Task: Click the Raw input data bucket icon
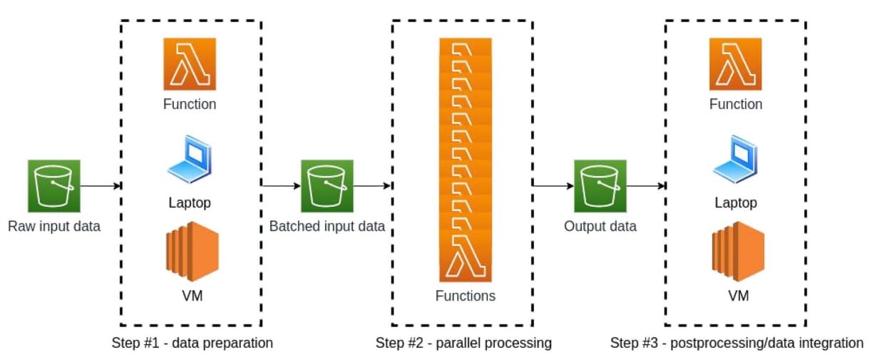[54, 186]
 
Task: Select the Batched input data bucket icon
[327, 186]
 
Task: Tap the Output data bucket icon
[600, 186]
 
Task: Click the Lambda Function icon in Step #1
[190, 64]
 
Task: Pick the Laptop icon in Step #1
[190, 160]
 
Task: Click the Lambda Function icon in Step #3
[735, 64]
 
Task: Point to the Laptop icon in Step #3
[735, 160]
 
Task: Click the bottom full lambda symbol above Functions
[466, 256]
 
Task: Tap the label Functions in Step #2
[466, 295]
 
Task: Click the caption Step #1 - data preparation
[192, 343]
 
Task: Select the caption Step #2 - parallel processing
[463, 343]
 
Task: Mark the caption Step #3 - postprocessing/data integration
[737, 343]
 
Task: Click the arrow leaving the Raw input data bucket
[100, 186]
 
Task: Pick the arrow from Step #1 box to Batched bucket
[281, 186]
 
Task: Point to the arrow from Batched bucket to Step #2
[372, 186]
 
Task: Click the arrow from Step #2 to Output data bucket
[553, 186]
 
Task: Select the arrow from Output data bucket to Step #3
[645, 186]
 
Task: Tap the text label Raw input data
[54, 227]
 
